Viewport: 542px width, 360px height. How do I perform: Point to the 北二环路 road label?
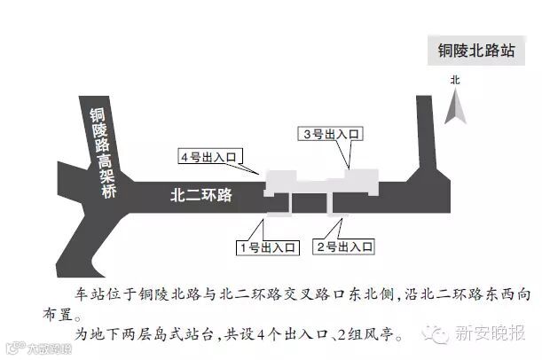[x=200, y=194]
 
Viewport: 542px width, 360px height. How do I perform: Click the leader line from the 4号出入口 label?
[x=250, y=168]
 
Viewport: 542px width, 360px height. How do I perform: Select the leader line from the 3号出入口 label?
[x=350, y=153]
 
